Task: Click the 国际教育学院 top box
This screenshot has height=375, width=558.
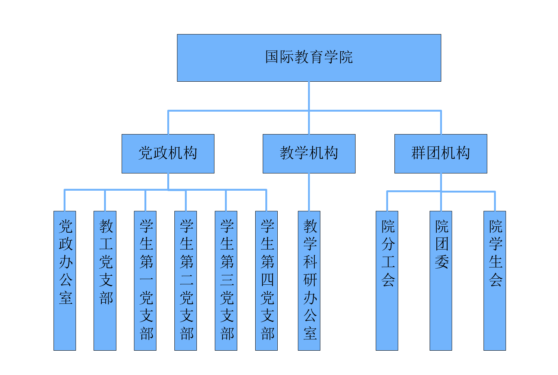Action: click(309, 58)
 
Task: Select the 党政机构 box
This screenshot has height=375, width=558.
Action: click(168, 154)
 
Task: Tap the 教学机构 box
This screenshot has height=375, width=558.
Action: click(309, 154)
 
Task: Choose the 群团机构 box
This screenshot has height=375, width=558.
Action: click(440, 154)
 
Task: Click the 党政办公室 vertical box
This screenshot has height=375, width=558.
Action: click(65, 281)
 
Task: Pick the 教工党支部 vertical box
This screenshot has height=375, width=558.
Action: click(105, 281)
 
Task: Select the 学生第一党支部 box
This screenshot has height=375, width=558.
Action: click(145, 281)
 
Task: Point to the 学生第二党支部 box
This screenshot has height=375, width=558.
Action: click(186, 281)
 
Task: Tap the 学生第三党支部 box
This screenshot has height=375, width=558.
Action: click(226, 281)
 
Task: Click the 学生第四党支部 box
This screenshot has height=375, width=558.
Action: click(266, 281)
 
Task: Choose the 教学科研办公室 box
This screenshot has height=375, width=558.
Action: click(309, 281)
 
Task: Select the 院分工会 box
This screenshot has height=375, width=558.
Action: click(387, 281)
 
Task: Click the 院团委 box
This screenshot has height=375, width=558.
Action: click(441, 281)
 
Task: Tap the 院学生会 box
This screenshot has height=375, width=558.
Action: click(495, 281)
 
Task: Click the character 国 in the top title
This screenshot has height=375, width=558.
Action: click(272, 57)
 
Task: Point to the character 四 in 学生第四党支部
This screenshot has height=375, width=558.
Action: click(267, 279)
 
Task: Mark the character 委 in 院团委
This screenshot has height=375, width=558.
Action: click(442, 261)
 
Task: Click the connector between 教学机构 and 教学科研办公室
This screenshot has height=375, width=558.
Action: click(309, 192)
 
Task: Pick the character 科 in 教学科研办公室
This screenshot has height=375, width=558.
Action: click(310, 261)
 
